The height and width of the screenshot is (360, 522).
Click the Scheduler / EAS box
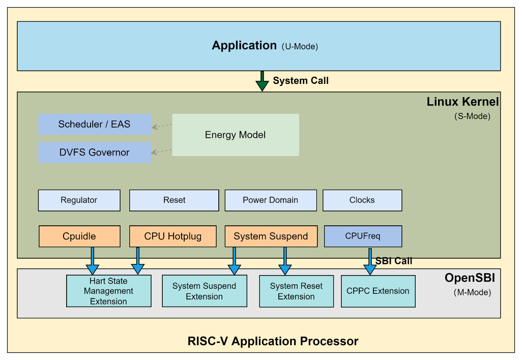95,125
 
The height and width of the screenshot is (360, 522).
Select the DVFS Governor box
95,153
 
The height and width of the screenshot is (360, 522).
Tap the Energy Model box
236,135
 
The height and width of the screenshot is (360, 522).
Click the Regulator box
79,200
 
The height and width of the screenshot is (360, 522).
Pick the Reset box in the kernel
174,200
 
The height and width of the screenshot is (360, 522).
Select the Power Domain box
270,200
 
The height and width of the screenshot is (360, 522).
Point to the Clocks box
362,200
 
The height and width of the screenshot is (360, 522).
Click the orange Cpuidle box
79,236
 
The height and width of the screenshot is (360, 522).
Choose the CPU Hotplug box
173,236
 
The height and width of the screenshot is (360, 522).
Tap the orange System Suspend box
271,236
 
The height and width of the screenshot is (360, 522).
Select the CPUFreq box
363,236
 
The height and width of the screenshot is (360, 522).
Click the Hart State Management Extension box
108,291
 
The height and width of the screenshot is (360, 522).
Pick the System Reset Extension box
296,291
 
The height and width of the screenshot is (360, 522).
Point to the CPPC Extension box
378,291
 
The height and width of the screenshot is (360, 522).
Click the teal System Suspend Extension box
204,291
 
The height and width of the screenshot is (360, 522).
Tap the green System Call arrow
262,81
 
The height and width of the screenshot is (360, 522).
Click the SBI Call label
394,261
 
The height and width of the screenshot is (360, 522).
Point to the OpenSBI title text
470,278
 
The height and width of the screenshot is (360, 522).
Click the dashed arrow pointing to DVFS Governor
162,151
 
